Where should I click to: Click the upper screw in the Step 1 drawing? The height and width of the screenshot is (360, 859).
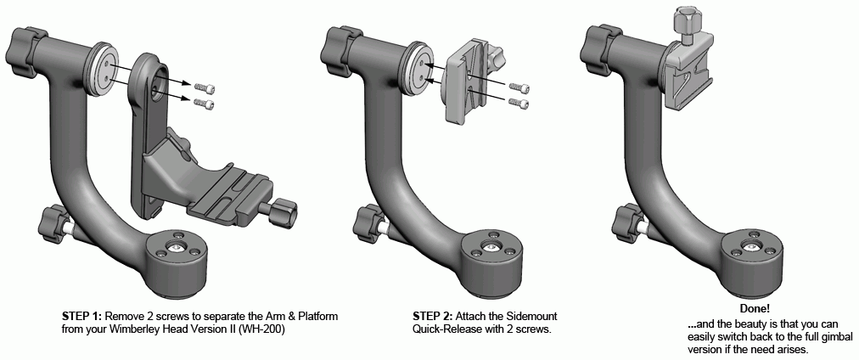click(204, 88)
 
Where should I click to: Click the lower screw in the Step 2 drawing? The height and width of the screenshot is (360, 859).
click(519, 103)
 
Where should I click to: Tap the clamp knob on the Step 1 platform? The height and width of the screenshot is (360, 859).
click(284, 211)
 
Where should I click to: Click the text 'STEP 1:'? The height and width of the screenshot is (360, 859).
click(81, 316)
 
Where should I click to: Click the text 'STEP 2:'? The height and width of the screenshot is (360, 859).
click(432, 316)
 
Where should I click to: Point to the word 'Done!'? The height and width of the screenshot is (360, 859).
click(755, 309)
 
